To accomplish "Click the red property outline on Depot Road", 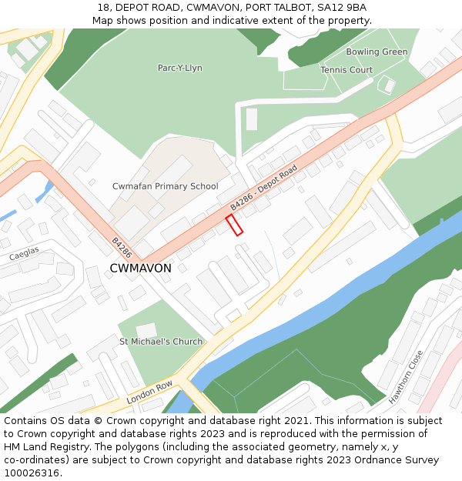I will point(234,225).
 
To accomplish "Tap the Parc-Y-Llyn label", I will point(179,68).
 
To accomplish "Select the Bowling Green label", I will point(377,52).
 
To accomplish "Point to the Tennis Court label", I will point(346,70).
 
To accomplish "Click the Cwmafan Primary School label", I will point(165,186).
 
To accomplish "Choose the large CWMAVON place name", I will point(141,269).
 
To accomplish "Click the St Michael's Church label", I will point(161,342).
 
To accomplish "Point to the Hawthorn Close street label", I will point(406,377).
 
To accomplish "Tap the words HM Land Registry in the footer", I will point(43,447).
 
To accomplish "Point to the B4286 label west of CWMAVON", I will point(122,247).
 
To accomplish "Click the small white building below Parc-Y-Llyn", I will point(252,119).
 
